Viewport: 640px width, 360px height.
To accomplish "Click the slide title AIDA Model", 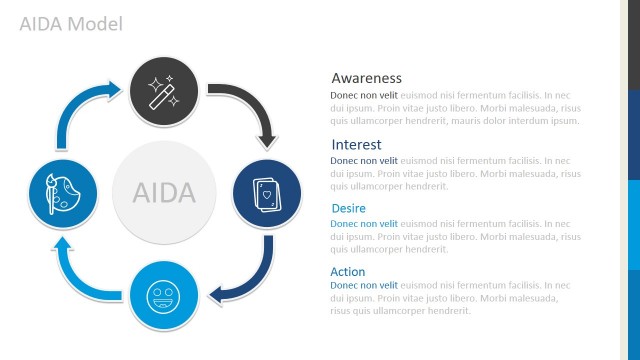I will pos(70,23).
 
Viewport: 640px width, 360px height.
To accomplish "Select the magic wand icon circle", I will pos(164,91).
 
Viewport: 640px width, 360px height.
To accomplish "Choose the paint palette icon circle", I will pos(63,192).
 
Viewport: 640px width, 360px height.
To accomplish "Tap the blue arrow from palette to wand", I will pos(79,110).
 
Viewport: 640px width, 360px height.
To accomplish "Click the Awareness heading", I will pos(366,78).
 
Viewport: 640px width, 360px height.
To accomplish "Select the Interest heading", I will pos(356,144).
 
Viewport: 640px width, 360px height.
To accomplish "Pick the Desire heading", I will pos(348,208).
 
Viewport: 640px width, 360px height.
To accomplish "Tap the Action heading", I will pos(348,272).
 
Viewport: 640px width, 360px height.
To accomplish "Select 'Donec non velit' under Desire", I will pos(364,224).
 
